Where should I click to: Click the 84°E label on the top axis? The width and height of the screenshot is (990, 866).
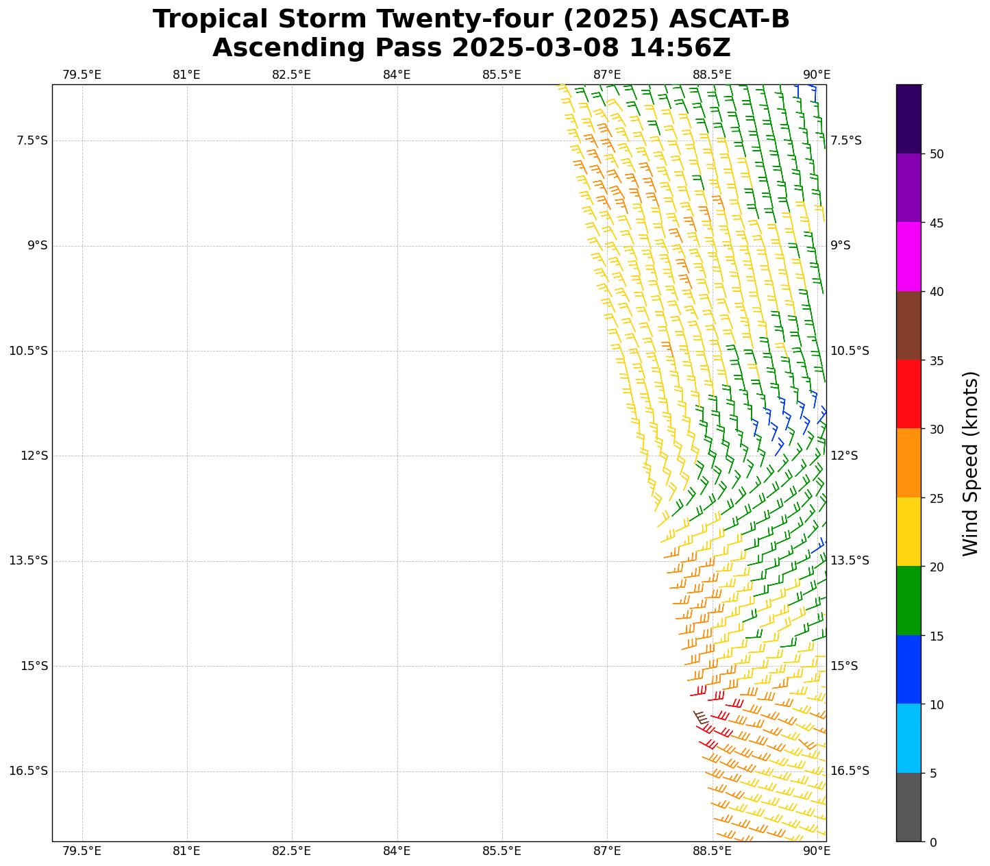(397, 75)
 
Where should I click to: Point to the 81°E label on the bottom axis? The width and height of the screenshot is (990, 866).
(186, 851)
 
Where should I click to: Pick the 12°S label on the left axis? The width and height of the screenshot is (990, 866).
(34, 456)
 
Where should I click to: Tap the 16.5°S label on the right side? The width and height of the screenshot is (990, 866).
(850, 771)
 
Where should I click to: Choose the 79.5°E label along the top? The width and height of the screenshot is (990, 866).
(82, 75)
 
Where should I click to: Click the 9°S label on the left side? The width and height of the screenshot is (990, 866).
(36, 245)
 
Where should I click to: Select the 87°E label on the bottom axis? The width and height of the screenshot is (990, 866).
(607, 851)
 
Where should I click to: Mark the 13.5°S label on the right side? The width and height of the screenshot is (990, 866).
(850, 560)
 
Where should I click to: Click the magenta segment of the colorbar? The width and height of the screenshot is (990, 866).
(908, 256)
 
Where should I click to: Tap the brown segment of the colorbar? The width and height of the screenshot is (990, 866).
(908, 325)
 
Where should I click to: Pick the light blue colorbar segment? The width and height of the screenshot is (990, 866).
(908, 738)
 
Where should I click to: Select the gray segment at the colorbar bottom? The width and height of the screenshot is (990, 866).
(908, 807)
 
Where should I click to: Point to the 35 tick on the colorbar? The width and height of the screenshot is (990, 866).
(933, 360)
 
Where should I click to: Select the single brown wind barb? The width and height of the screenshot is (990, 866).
(700, 717)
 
